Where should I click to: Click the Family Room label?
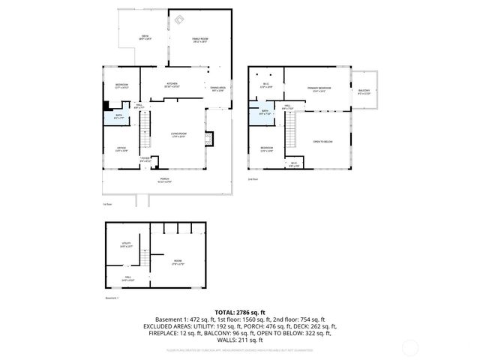199,40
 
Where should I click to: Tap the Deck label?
145,37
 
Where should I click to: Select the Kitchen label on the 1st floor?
172,84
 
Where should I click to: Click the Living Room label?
178,135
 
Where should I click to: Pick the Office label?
121,149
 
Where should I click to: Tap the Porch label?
165,181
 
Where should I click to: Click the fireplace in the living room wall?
210,137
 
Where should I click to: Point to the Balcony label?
364,92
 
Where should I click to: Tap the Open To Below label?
322,142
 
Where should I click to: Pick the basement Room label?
178,262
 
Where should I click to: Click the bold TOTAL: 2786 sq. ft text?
240,311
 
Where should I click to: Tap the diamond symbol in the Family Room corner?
178,21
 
